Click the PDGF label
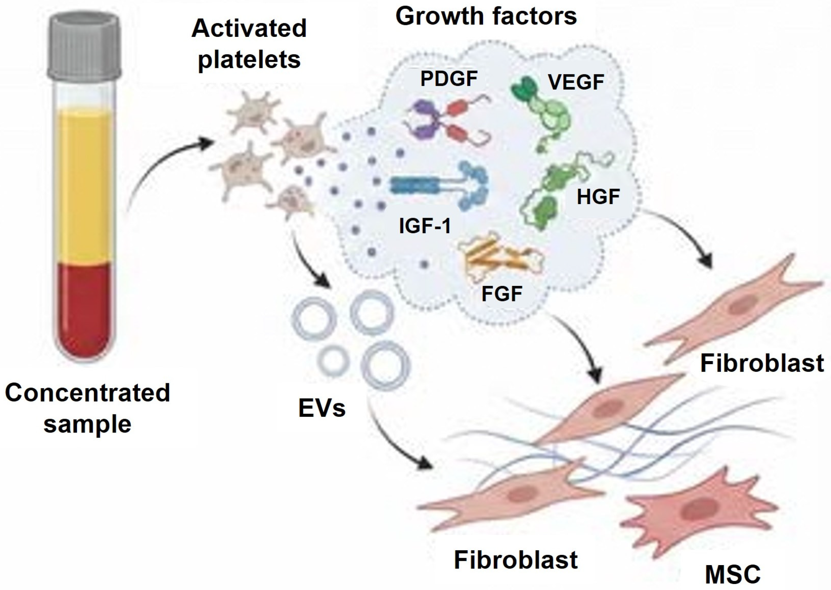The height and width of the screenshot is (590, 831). pos(449,78)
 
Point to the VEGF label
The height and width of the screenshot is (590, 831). pos(576,82)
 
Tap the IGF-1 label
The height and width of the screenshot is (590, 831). pos(425,226)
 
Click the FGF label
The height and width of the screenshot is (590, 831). pos(502,294)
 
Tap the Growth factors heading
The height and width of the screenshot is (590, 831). pos(486,16)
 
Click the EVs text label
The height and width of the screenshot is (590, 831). pos(322,408)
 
